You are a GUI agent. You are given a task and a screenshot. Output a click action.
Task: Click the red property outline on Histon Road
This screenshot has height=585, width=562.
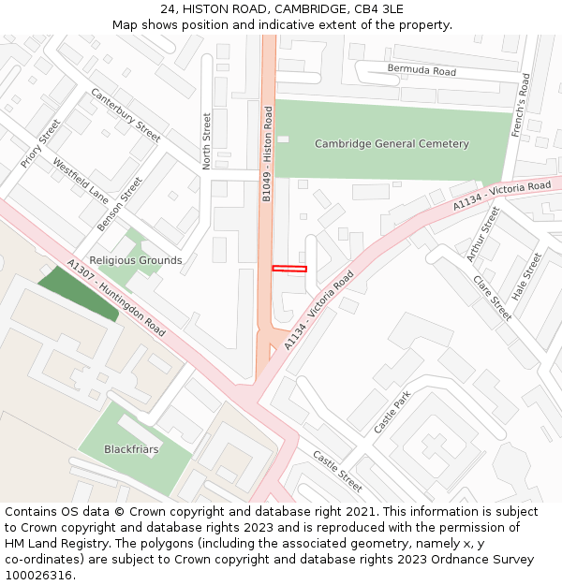pyautogui.click(x=289, y=269)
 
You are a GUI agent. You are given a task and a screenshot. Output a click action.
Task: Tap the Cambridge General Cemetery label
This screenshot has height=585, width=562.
pyautogui.click(x=392, y=144)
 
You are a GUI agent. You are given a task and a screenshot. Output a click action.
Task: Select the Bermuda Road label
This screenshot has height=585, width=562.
pyautogui.click(x=421, y=71)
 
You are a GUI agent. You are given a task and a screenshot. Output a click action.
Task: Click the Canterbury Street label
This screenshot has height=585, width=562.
pyautogui.click(x=126, y=115)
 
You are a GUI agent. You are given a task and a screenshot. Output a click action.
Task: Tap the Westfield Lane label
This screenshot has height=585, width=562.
pyautogui.click(x=81, y=181)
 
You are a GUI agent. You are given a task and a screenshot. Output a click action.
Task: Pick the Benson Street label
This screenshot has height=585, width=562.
pyautogui.click(x=119, y=204)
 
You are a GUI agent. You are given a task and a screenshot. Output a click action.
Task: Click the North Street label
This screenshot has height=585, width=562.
pyautogui.click(x=207, y=140)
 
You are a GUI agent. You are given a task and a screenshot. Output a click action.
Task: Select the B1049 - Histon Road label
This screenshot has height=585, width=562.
pyautogui.click(x=267, y=154)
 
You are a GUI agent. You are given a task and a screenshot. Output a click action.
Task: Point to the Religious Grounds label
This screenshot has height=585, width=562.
pyautogui.click(x=136, y=260)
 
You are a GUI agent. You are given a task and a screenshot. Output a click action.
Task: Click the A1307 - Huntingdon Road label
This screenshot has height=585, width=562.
pyautogui.click(x=116, y=299)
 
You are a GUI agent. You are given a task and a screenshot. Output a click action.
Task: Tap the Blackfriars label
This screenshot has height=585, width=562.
pyautogui.click(x=131, y=449)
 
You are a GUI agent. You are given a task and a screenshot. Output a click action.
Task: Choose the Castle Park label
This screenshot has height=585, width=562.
pyautogui.click(x=392, y=412)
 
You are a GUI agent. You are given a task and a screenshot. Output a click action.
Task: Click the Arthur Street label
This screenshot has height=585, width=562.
pyautogui.click(x=483, y=235)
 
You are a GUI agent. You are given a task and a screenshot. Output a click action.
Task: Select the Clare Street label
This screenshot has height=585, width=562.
pyautogui.click(x=492, y=298)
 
